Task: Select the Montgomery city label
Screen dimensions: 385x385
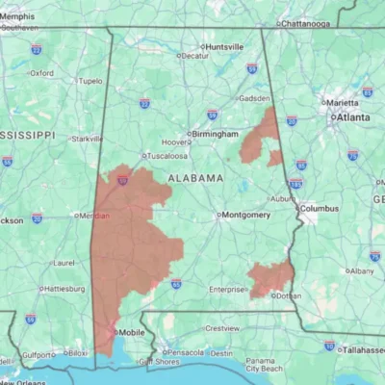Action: tap(246, 215)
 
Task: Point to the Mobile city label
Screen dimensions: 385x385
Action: tap(131, 333)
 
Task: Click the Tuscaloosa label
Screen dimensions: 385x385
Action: tap(167, 155)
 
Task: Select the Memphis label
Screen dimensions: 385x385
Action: tap(19, 16)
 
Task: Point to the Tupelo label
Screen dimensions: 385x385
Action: tap(90, 81)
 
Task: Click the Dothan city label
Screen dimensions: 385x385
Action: tap(287, 295)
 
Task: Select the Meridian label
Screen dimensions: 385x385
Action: tap(93, 216)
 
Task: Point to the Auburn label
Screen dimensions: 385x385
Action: tap(281, 199)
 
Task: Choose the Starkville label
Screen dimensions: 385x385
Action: tap(87, 139)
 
